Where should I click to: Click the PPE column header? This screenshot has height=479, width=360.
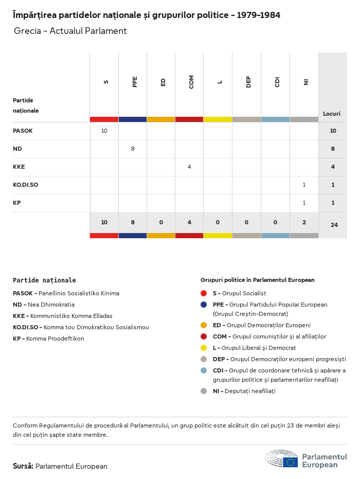click(x=135, y=82)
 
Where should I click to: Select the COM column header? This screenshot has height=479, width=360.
click(x=191, y=82)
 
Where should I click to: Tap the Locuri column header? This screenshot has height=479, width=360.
click(x=332, y=114)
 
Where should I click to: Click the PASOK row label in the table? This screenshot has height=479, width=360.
click(x=23, y=131)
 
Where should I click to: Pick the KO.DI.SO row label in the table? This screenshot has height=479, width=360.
click(x=25, y=185)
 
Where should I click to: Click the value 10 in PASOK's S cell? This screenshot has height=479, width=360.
click(x=104, y=131)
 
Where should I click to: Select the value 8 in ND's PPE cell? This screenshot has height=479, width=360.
click(x=133, y=149)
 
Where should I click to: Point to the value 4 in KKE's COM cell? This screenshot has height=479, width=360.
click(x=189, y=167)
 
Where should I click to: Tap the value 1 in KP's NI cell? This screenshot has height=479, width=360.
click(x=304, y=203)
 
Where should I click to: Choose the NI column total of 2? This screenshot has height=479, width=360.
click(x=304, y=222)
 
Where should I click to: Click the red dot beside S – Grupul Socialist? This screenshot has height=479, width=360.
click(x=204, y=293)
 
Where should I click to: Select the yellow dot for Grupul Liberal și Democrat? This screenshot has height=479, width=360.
click(x=204, y=348)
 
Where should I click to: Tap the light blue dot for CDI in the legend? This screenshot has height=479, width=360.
click(x=204, y=370)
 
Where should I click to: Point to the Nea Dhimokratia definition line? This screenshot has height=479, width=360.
click(x=44, y=305)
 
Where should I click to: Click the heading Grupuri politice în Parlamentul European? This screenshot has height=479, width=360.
click(x=257, y=280)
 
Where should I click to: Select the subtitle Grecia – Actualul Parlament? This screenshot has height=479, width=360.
click(x=70, y=31)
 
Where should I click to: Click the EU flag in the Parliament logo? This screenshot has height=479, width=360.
click(x=290, y=462)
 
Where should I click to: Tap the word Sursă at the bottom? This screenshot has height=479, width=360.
click(x=23, y=466)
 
